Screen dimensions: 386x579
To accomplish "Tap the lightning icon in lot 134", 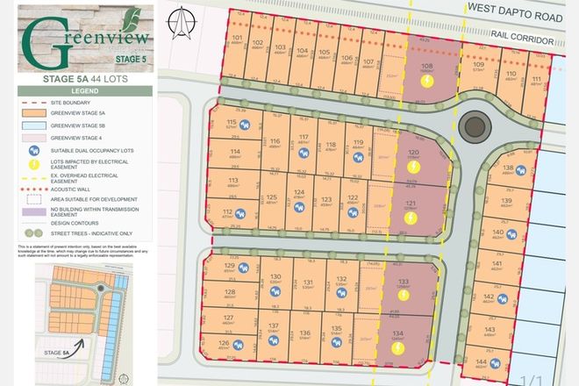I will (x=397, y=347).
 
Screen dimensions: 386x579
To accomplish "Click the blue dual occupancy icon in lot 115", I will (x=245, y=124).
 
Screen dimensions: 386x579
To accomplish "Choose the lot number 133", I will (x=404, y=281).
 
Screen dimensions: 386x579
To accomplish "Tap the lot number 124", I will (x=299, y=193).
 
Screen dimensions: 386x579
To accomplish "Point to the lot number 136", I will (x=304, y=333).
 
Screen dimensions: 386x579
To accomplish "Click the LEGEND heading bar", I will (x=86, y=90).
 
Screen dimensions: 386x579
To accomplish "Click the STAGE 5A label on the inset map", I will (x=55, y=352).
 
